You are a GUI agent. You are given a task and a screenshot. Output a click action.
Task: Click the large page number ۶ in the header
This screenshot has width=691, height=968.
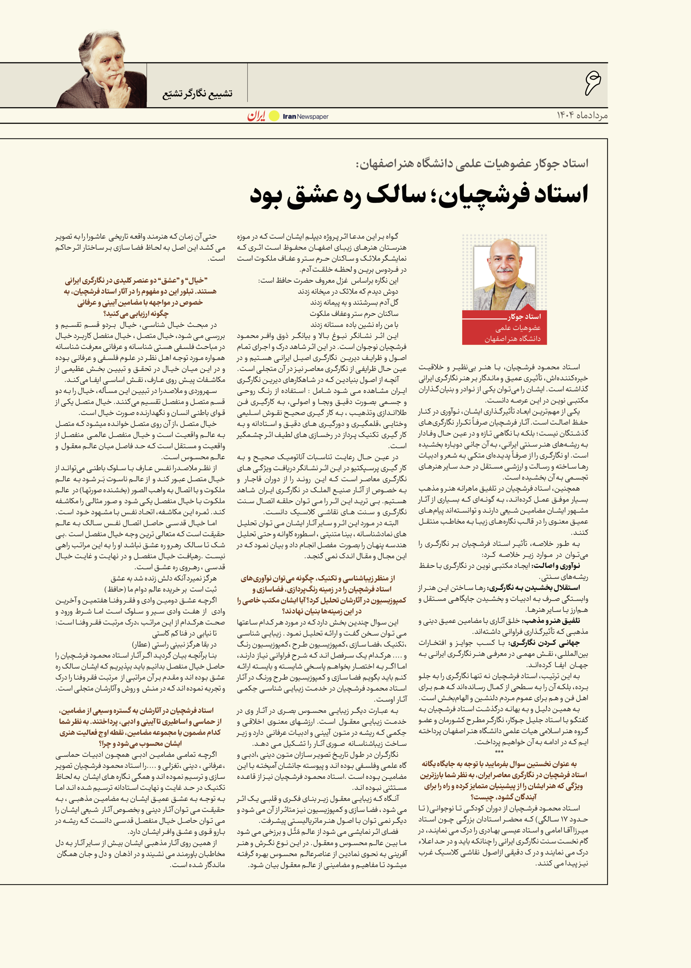click(592, 83)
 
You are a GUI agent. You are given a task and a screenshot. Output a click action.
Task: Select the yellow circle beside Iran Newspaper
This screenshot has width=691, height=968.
click(274, 116)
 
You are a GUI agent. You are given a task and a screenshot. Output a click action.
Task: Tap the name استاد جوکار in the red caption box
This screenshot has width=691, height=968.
click(524, 317)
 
